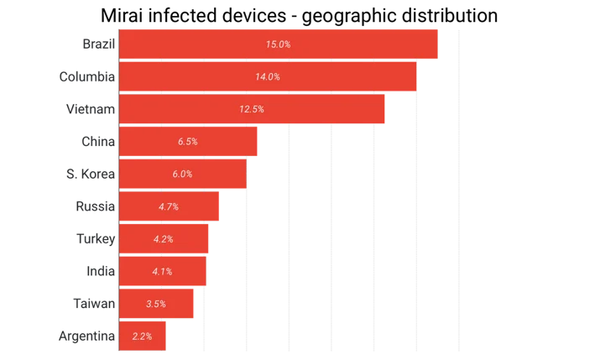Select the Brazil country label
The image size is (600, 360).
point(99,44)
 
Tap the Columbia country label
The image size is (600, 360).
point(87,76)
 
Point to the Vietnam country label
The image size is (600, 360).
point(91,109)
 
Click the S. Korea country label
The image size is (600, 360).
point(91,174)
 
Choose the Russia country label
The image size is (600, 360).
point(96,206)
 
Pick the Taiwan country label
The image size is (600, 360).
point(94,304)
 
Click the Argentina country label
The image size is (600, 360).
point(86,337)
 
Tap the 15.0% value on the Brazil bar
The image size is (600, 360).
point(279,44)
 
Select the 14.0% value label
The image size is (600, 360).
point(268,77)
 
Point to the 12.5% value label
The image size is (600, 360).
point(252,109)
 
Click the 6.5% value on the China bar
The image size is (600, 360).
point(187,142)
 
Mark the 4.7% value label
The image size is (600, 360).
point(169,207)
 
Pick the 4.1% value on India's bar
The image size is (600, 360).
point(162,272)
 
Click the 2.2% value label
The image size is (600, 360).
point(142,337)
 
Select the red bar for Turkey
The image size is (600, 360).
point(164,238)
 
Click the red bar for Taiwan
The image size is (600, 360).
point(156,304)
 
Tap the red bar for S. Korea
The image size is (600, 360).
point(183,174)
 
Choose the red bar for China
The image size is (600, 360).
point(188,142)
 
